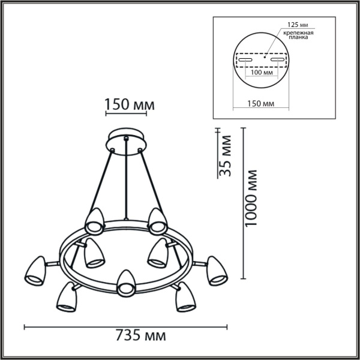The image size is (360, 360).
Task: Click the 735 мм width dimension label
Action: pos(140,335)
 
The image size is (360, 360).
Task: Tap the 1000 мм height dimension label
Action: pos(250,199)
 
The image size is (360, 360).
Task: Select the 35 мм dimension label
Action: pos(224,156)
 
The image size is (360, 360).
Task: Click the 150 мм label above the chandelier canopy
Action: pos(130,104)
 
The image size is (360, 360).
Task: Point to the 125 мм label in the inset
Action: pos(298,25)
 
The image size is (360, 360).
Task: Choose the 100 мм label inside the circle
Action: pos(262,73)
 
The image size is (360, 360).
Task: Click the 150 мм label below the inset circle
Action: pos(261,104)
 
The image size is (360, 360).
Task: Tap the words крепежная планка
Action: pos(298,35)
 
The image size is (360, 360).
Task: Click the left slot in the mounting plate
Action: pos(245,60)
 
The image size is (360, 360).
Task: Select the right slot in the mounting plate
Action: pos(278,59)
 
